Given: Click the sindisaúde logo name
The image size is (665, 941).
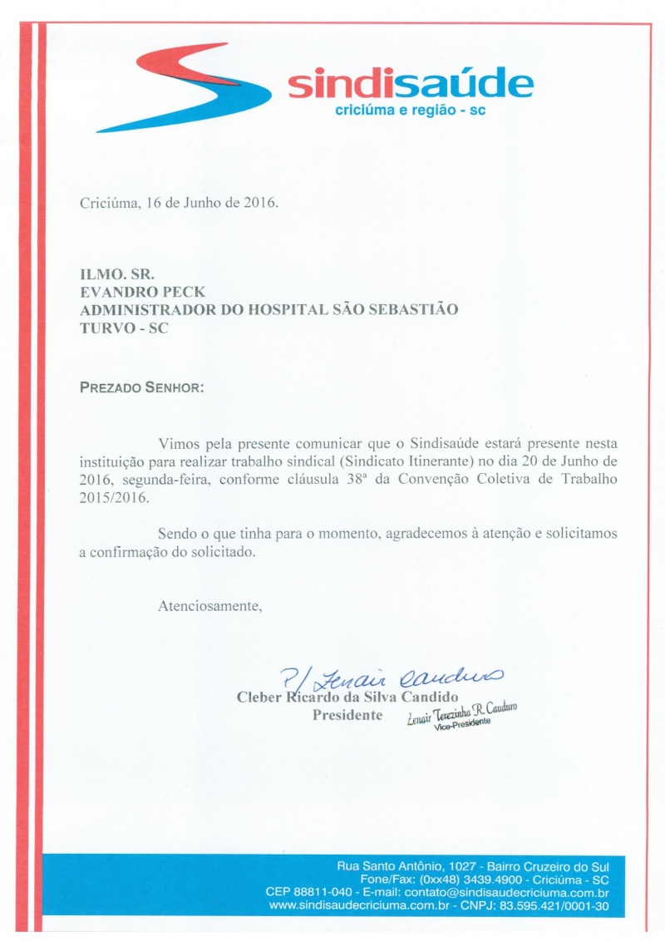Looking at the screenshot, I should pyautogui.click(x=410, y=85).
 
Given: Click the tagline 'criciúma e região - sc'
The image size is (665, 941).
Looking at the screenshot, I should pyautogui.click(x=409, y=111).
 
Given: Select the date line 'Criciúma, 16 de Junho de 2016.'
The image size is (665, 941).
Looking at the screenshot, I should pyautogui.click(x=180, y=203).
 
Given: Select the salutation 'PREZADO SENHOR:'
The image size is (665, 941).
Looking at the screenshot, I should pyautogui.click(x=140, y=387).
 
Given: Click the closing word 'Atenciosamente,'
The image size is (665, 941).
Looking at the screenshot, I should pyautogui.click(x=210, y=606).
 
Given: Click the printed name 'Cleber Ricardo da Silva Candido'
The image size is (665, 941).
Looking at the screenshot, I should pyautogui.click(x=348, y=697).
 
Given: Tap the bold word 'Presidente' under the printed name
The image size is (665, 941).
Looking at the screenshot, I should pyautogui.click(x=347, y=715).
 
